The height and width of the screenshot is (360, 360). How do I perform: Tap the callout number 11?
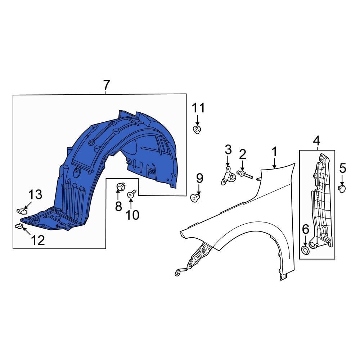198,108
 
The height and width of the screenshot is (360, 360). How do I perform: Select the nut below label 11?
197,130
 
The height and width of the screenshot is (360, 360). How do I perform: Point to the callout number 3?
228,149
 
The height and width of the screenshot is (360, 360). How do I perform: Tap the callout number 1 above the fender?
274,152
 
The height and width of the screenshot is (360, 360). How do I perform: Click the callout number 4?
317,140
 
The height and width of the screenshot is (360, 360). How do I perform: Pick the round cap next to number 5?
342,188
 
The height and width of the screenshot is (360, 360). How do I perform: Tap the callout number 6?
305,229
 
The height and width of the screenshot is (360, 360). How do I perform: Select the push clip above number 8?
121,187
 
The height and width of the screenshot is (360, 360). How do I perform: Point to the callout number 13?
35,195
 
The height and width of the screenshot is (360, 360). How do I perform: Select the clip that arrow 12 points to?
19,226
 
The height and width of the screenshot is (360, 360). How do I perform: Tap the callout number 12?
38,240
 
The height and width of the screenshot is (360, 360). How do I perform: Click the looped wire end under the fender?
178,273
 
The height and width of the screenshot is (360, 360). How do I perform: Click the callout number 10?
132,215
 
